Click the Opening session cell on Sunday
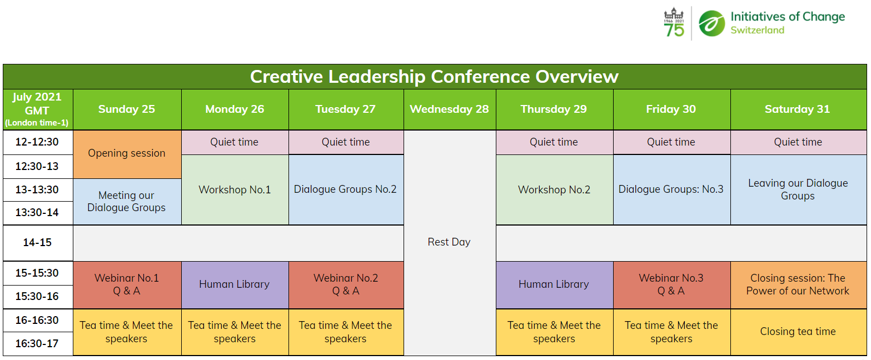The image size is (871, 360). [x=127, y=154]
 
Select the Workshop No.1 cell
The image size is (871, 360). [x=235, y=189]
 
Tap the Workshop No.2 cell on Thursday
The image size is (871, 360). [x=554, y=189]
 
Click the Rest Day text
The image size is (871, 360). [x=449, y=242]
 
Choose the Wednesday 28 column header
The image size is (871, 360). [x=449, y=109]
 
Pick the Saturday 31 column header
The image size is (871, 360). [x=797, y=109]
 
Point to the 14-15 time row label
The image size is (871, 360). [x=37, y=243]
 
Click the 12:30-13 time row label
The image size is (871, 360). [x=37, y=166]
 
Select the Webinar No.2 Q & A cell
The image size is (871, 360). [x=346, y=284]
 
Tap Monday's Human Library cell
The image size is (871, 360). [x=235, y=284]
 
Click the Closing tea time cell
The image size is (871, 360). [x=798, y=332]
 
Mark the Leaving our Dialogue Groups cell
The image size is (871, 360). [x=798, y=189]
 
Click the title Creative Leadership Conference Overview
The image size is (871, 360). [x=434, y=77]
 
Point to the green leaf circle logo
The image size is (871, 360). [x=711, y=23]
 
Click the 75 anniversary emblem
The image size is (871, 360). [x=674, y=23]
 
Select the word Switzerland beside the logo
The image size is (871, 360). [x=757, y=30]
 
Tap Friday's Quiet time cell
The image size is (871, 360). [x=671, y=142]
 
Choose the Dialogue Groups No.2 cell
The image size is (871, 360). [x=345, y=189]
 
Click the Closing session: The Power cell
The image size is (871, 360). [x=798, y=284]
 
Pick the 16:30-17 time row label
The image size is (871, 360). [x=37, y=344]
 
